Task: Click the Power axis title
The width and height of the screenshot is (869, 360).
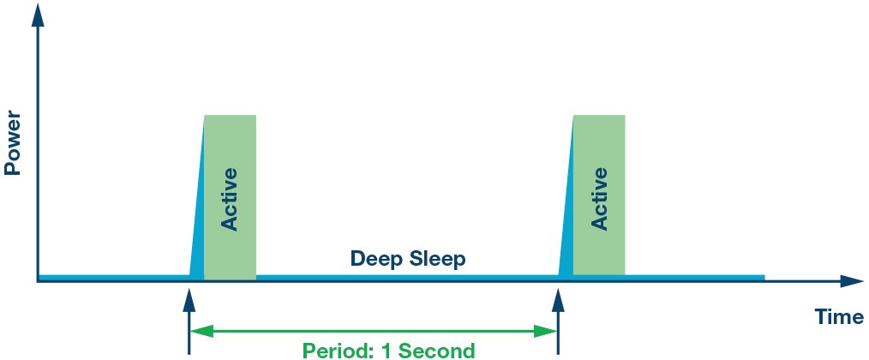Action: click(12, 144)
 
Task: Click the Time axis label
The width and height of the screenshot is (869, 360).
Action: click(838, 317)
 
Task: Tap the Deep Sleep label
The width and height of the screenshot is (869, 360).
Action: click(408, 259)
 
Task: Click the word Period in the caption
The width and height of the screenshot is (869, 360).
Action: click(333, 351)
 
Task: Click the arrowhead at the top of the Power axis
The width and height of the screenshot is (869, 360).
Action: click(37, 16)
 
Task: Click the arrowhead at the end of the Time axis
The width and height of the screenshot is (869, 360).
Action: click(854, 281)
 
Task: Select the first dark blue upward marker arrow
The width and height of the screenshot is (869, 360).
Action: click(189, 321)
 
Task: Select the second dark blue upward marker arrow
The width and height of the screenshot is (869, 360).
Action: click(558, 321)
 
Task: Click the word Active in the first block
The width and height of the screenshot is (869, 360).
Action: click(230, 199)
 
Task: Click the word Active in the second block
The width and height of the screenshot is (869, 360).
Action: click(599, 199)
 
